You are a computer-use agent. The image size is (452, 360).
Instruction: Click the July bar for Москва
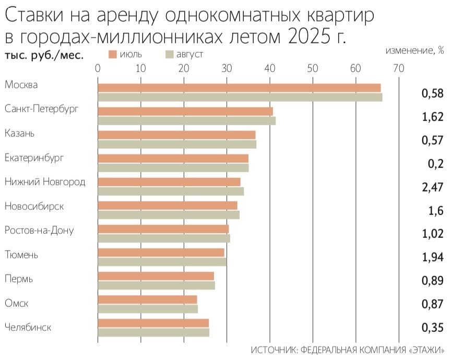pyautogui.click(x=239, y=88)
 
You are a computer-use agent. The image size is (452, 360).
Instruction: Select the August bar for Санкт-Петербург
pyautogui.click(x=186, y=121)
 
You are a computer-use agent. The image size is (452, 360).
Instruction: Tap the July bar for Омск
pyautogui.click(x=147, y=299)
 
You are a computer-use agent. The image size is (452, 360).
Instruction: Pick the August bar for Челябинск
pyautogui.click(x=153, y=332)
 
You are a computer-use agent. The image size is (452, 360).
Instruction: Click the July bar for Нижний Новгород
pyautogui.click(x=169, y=182)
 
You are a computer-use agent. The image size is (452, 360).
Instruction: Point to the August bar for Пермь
pyautogui.click(x=156, y=285)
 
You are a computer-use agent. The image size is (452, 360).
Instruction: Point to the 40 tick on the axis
pyautogui.click(x=269, y=68)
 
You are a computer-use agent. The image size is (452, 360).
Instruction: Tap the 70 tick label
pyautogui.click(x=398, y=68)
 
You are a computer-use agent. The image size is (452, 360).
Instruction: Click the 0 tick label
pyautogui.click(x=98, y=68)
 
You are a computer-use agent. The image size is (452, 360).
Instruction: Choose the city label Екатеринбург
pyautogui.click(x=35, y=158)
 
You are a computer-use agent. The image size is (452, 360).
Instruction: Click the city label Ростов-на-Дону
pyautogui.click(x=39, y=230)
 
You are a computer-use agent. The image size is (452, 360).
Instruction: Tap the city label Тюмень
pyautogui.click(x=21, y=255)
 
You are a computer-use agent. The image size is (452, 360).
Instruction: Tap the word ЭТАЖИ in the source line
pyautogui.click(x=426, y=350)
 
